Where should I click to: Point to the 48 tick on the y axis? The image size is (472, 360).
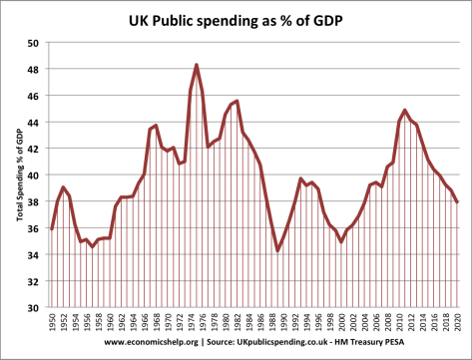33,70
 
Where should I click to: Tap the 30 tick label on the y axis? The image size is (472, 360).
33,307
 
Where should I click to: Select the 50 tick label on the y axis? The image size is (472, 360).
33,43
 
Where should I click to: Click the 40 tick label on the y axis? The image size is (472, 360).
33,176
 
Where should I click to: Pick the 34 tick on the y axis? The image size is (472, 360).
33,254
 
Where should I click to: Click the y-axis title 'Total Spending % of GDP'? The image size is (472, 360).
17,176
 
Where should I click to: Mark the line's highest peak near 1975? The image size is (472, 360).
197,65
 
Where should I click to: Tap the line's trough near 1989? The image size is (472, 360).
278,250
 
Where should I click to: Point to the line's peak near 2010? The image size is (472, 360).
404,110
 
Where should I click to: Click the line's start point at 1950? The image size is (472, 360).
51,229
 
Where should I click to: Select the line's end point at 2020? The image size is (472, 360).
459,202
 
